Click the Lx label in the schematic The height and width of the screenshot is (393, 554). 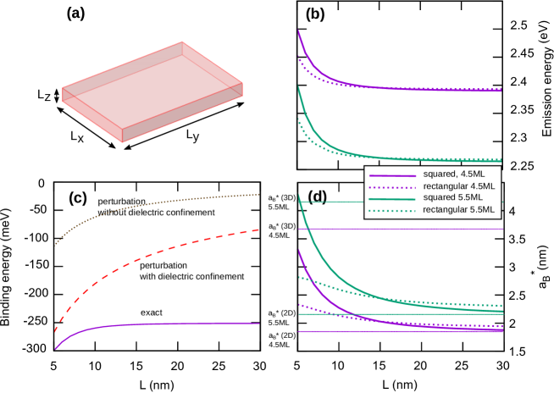[76, 136]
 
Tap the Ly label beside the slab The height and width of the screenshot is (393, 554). [192, 134]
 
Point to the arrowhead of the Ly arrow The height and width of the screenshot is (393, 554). [241, 104]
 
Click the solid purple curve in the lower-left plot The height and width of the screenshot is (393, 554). [152, 324]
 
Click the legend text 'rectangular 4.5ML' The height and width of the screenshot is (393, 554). [458, 185]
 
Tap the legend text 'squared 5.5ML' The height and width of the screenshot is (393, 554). [454, 197]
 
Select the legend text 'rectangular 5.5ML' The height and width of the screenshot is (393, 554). [458, 209]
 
